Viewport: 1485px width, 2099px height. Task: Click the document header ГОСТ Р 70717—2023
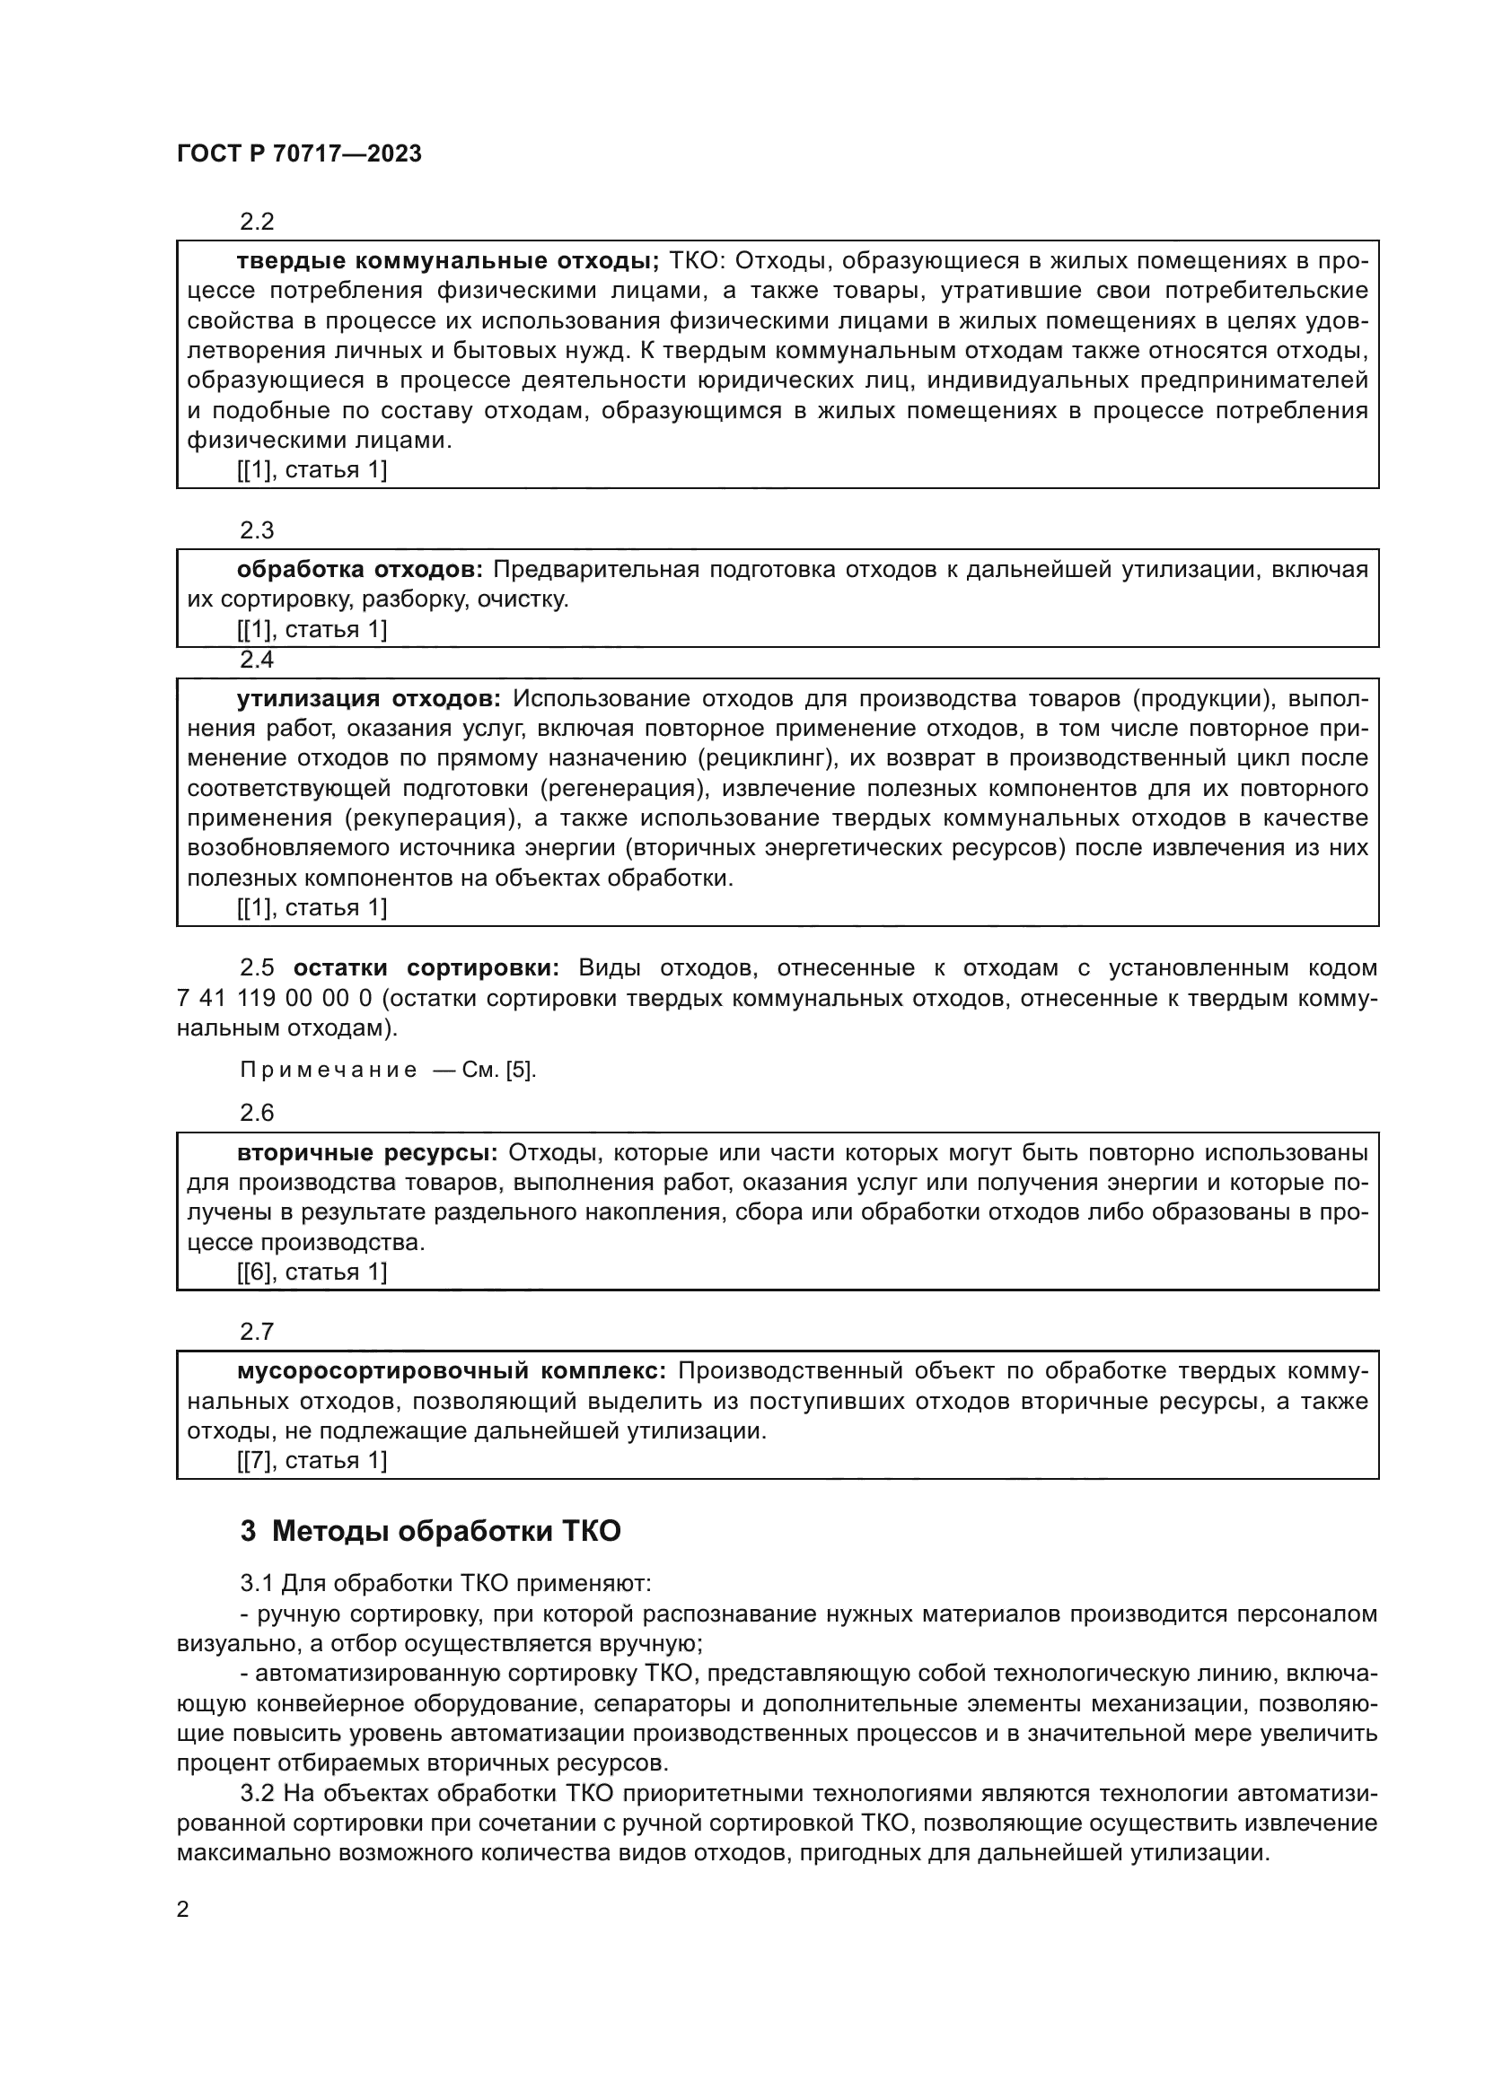click(x=299, y=153)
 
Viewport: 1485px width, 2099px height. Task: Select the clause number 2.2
click(x=257, y=222)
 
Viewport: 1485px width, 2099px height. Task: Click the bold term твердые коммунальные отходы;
click(x=447, y=261)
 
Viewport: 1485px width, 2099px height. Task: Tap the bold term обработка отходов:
click(x=359, y=570)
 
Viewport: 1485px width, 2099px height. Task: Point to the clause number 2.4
click(x=257, y=660)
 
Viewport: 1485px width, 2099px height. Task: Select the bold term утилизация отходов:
click(x=368, y=698)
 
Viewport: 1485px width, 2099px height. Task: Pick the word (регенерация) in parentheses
click(x=624, y=788)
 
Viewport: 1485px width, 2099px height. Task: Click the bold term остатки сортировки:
click(x=426, y=968)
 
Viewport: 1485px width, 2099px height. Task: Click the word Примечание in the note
click(x=329, y=1070)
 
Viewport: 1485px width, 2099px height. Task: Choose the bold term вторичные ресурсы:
click(x=366, y=1153)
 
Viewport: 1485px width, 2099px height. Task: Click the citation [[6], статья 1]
click(x=312, y=1272)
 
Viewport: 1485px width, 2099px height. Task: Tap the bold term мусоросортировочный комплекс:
click(x=452, y=1371)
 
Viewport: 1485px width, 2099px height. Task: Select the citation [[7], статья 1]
click(x=312, y=1461)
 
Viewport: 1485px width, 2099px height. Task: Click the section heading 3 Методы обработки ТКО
click(x=430, y=1530)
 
